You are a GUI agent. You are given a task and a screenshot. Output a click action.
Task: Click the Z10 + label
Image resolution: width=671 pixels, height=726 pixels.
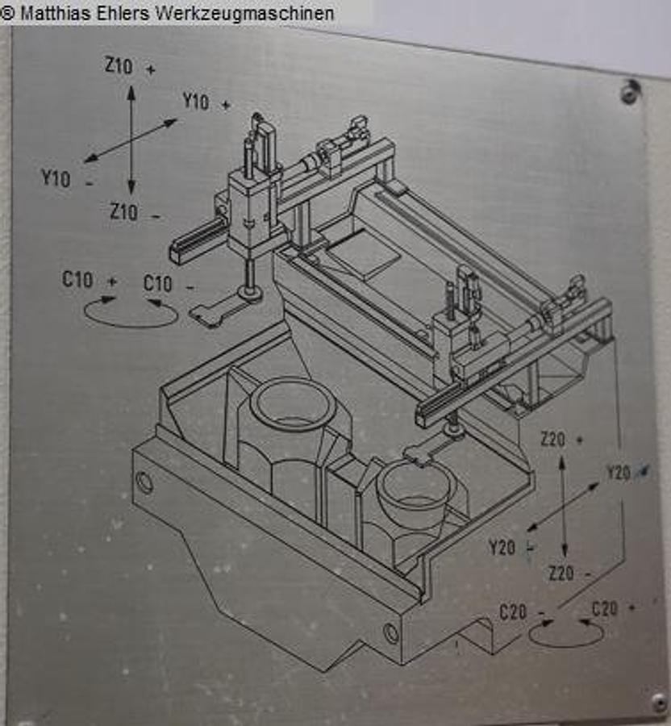pos(129,68)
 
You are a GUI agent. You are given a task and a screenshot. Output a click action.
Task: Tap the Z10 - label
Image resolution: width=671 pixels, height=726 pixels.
pos(134,213)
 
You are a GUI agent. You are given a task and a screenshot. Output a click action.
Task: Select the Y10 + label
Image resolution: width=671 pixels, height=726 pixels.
pos(206,102)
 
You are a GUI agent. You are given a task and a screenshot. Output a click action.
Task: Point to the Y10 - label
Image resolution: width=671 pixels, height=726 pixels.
pos(66,178)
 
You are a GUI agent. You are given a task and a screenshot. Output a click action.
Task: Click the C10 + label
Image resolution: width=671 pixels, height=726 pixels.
pos(89,282)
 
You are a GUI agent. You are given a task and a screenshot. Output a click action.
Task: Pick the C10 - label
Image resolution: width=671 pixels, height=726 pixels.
pos(169,284)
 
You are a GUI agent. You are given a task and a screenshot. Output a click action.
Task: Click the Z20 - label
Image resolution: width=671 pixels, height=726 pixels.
pos(569,574)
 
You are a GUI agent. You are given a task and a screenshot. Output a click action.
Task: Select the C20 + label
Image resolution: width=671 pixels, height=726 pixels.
pos(612,609)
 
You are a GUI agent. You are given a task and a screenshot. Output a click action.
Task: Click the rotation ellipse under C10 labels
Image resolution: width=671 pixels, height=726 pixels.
pos(131,312)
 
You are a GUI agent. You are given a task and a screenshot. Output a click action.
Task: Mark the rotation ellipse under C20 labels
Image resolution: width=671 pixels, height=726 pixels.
pos(566,634)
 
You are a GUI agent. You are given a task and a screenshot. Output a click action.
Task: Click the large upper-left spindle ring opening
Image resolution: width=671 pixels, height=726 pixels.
pos(292,403)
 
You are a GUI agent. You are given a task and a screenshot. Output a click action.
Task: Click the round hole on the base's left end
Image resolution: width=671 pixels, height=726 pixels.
pos(144,483)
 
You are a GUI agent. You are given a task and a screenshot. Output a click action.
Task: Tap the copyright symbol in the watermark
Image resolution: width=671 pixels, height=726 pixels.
pos(8,13)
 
